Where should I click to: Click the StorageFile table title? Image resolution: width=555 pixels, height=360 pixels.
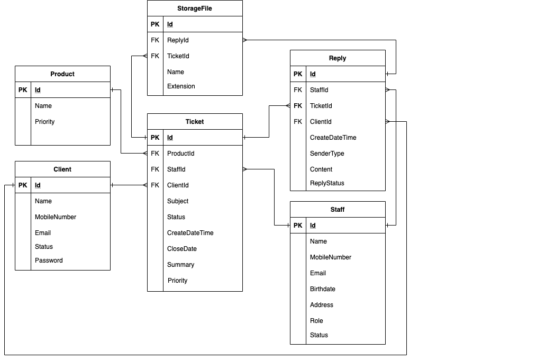tap(195, 8)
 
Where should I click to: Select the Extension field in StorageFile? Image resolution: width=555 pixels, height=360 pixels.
tap(181, 86)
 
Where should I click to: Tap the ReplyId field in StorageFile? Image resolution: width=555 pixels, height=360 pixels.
tap(178, 40)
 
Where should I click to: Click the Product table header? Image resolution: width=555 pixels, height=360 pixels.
tap(62, 74)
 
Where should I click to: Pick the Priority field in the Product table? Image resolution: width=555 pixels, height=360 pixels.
tap(44, 122)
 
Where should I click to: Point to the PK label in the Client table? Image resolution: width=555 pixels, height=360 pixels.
tap(23, 185)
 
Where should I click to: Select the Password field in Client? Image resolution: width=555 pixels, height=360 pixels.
tap(49, 260)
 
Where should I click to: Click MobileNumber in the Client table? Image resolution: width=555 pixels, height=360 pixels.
tap(56, 217)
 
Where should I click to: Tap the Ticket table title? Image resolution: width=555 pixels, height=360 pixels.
tap(195, 122)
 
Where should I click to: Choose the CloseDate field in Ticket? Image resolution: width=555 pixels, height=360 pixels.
tap(181, 249)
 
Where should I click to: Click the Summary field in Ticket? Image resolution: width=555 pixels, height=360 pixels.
tap(180, 265)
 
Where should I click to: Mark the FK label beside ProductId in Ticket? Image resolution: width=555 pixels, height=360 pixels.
tap(155, 154)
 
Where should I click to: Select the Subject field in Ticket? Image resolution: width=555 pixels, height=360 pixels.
tap(178, 201)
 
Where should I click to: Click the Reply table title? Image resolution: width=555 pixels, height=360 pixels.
tap(338, 58)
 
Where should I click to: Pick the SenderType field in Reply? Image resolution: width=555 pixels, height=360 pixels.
tap(327, 154)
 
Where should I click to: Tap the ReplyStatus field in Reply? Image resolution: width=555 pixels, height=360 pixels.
tap(327, 183)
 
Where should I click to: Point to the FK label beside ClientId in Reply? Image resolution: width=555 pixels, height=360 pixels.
tap(298, 122)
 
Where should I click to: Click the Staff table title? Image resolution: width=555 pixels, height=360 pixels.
tap(338, 210)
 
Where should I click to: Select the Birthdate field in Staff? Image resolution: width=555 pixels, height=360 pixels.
tap(323, 289)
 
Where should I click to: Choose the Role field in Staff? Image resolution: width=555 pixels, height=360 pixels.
tap(316, 321)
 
